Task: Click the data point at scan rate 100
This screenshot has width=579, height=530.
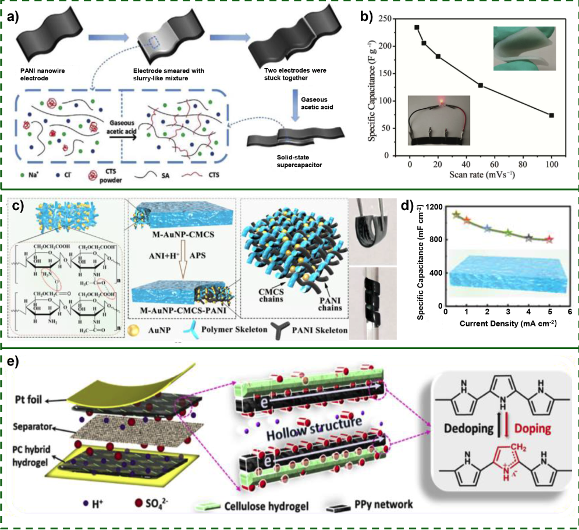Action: tap(551, 115)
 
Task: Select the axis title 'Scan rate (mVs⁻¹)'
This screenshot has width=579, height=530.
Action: tap(474, 173)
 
